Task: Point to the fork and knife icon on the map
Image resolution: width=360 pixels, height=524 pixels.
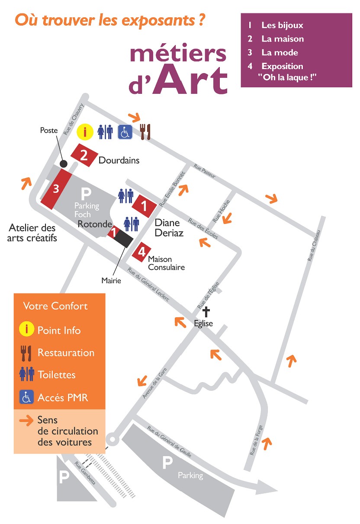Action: (145, 131)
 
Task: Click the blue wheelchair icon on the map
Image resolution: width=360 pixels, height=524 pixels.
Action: (125, 131)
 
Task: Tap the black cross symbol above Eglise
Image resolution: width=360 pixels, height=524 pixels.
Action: (206, 312)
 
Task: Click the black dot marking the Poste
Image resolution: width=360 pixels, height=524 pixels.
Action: (64, 163)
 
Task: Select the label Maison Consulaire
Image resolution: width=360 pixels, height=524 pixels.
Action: (166, 263)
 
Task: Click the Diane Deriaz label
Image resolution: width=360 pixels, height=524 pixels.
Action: (169, 228)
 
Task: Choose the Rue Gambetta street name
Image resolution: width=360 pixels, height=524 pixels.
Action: (85, 473)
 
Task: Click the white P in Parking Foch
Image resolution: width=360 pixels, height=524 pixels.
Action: (87, 193)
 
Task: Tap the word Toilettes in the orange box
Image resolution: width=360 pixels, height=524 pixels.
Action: (56, 374)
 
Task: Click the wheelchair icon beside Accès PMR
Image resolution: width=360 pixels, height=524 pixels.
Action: (26, 397)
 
